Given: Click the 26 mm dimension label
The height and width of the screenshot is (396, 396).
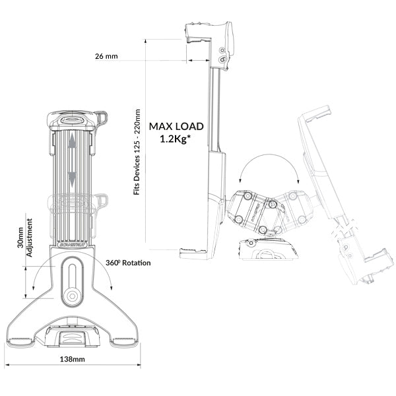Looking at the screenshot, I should [x=106, y=57].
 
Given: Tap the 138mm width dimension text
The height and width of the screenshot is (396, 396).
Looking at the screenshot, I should [x=72, y=360].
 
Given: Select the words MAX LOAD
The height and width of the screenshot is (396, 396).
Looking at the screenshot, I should [x=176, y=126].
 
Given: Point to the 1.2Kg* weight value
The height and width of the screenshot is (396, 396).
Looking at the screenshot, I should [x=176, y=139].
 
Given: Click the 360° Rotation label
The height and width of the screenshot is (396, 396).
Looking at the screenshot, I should [x=128, y=263].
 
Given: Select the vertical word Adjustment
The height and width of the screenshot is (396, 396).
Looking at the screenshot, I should [x=30, y=236].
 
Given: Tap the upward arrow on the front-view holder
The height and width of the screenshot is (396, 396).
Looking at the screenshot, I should [x=72, y=144].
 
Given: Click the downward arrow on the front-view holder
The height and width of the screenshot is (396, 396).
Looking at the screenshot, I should [x=72, y=177].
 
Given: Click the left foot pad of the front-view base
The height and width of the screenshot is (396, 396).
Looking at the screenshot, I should [x=24, y=341].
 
